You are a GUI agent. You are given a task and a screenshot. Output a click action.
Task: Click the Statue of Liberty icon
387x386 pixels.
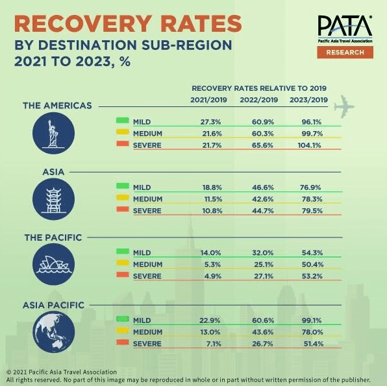[x=53, y=133]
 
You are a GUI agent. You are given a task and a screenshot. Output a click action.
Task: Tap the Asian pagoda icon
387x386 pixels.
[x=53, y=199]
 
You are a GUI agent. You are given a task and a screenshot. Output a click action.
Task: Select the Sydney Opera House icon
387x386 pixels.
[x=53, y=264]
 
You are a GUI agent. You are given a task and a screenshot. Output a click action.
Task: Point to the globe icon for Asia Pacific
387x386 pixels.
[x=53, y=332]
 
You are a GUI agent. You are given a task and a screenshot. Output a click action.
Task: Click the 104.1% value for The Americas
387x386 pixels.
[x=309, y=145]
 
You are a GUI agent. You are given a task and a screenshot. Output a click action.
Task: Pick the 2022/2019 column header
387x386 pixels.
[x=259, y=100]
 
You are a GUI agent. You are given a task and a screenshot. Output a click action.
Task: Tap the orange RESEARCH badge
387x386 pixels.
[x=345, y=53]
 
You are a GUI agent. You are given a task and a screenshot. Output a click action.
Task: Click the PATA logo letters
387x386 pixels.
[x=345, y=26]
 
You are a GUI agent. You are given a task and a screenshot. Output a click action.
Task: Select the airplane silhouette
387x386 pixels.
[x=344, y=106]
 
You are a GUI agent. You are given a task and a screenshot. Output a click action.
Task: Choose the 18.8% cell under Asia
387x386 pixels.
[x=212, y=187]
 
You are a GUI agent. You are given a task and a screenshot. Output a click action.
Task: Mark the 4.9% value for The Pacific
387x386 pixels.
[x=213, y=276]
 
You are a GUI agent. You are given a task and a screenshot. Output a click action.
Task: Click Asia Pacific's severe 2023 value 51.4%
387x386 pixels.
[x=314, y=344]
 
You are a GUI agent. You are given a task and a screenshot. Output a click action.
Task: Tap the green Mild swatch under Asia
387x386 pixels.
[x=123, y=186]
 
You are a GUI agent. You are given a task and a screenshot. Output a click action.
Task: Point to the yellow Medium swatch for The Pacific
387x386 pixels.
[x=123, y=263]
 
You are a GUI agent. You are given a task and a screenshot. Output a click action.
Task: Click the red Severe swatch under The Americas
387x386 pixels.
[x=123, y=143]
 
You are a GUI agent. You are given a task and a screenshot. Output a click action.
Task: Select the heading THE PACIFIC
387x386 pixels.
[x=53, y=237]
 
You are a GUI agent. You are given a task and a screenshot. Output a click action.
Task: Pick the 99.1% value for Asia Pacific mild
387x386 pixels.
[x=312, y=320]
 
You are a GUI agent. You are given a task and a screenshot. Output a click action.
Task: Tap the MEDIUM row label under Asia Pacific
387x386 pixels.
[x=147, y=332]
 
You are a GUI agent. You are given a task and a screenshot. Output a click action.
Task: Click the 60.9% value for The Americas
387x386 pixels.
[x=263, y=122]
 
